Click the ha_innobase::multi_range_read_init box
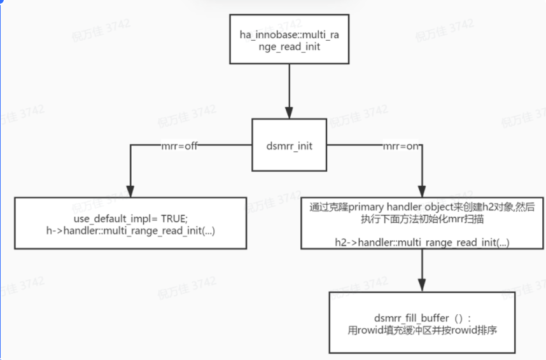[290, 39]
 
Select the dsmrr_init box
[290, 146]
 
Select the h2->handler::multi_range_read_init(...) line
[421, 242]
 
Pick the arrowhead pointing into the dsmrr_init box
[290, 113]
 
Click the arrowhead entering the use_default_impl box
[130, 191]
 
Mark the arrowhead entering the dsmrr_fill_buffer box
[421, 286]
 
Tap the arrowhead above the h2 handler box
[421, 191]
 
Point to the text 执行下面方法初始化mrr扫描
[421, 218]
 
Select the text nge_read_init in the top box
[290, 46]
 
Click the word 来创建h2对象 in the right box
[468, 207]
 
